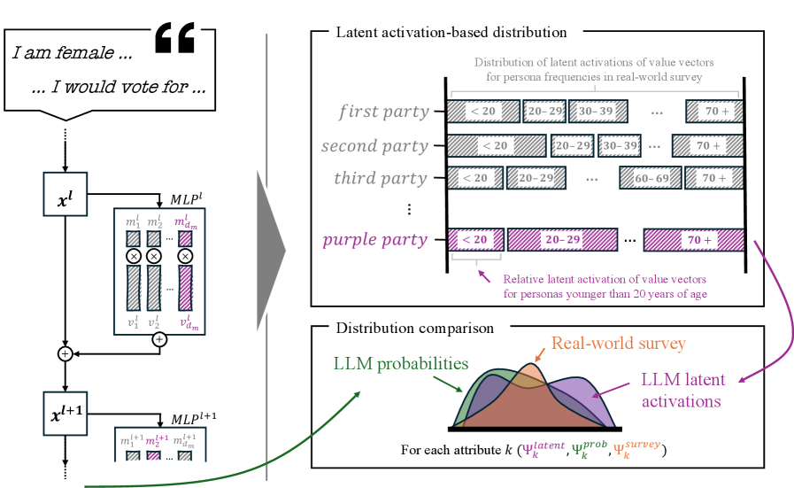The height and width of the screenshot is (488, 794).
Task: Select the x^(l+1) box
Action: click(x=66, y=411)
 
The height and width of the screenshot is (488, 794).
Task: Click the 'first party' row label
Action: click(x=384, y=112)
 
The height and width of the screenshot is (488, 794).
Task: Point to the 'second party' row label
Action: click(x=375, y=145)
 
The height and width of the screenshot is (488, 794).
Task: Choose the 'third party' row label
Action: click(x=381, y=178)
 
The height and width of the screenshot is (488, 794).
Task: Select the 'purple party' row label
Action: click(x=374, y=240)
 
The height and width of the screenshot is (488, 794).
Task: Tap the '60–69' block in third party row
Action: click(x=651, y=178)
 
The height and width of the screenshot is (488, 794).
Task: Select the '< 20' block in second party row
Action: click(x=496, y=145)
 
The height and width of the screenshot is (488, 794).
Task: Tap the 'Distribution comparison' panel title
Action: click(x=414, y=329)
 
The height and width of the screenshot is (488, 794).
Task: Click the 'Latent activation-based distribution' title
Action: click(x=451, y=33)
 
